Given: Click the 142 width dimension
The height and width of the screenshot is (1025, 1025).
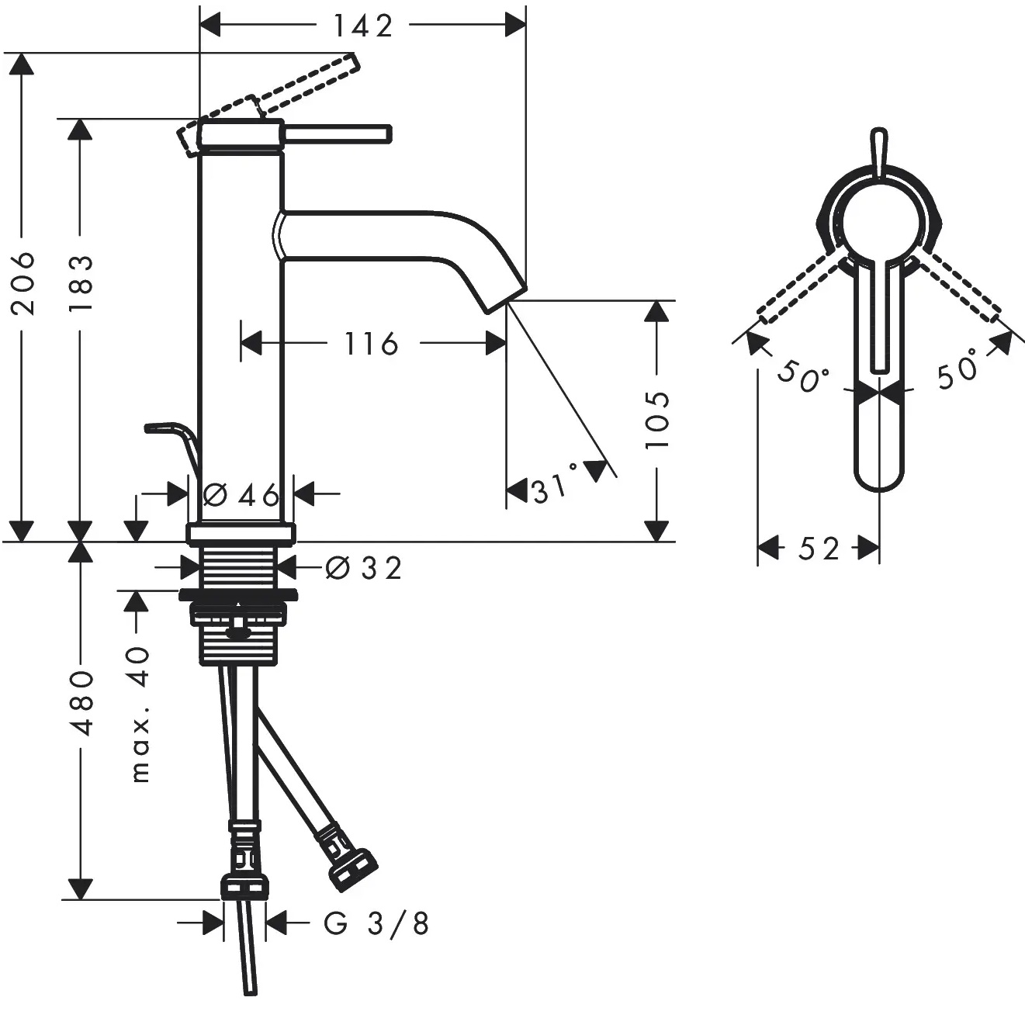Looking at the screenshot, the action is pyautogui.click(x=363, y=25).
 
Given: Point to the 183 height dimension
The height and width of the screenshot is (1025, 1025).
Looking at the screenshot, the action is pyautogui.click(x=81, y=282).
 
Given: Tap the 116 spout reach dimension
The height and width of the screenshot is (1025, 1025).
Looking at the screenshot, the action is pyautogui.click(x=371, y=344).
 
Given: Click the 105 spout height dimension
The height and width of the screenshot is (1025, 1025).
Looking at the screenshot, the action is pyautogui.click(x=657, y=421).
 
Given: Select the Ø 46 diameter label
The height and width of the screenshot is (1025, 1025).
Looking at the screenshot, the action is pyautogui.click(x=241, y=495).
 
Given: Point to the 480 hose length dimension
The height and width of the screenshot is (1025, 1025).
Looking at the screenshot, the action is pyautogui.click(x=81, y=703).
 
